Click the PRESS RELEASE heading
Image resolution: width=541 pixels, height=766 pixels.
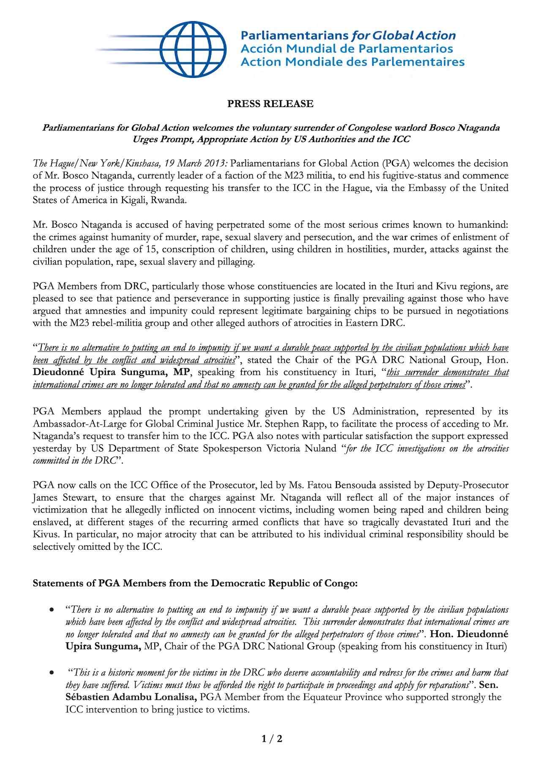(x=270, y=104)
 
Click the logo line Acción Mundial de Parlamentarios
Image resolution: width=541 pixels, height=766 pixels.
(x=347, y=49)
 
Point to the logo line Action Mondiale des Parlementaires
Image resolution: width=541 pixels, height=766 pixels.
(x=352, y=62)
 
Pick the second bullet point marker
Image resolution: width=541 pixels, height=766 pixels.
(x=51, y=672)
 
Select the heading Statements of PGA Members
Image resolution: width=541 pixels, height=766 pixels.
(x=195, y=583)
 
